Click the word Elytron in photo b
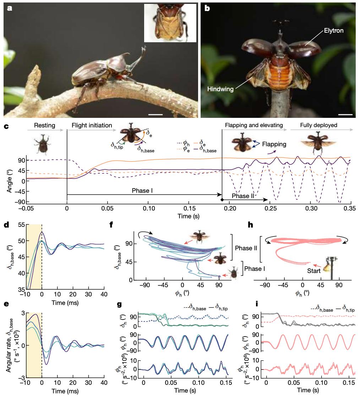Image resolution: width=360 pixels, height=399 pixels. pyautogui.click(x=333, y=31)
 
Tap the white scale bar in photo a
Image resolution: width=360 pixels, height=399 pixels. pyautogui.click(x=155, y=115)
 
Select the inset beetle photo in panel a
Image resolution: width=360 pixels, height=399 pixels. pyautogui.click(x=170, y=23)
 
